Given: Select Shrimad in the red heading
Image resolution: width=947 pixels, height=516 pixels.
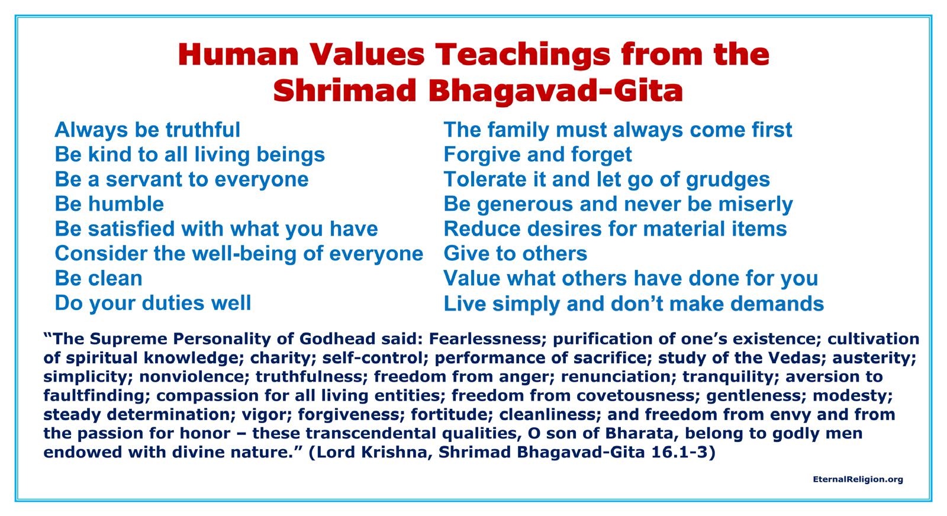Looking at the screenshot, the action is [x=345, y=91].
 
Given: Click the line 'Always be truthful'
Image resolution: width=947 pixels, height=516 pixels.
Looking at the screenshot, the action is [x=147, y=130].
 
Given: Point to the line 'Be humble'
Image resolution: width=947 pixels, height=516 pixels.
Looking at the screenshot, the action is [x=109, y=204].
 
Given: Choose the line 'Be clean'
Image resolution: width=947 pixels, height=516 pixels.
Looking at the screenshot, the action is [x=98, y=278].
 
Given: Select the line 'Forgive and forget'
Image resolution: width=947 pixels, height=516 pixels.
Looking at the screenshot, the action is [x=538, y=154].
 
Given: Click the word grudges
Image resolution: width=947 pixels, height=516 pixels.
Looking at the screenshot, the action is [x=728, y=180].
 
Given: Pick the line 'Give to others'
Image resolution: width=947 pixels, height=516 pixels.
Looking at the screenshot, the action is [x=516, y=254].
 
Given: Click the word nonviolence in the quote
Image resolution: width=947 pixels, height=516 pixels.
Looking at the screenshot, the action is [x=194, y=376].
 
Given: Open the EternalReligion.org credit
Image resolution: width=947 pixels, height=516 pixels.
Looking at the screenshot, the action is [x=858, y=479].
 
